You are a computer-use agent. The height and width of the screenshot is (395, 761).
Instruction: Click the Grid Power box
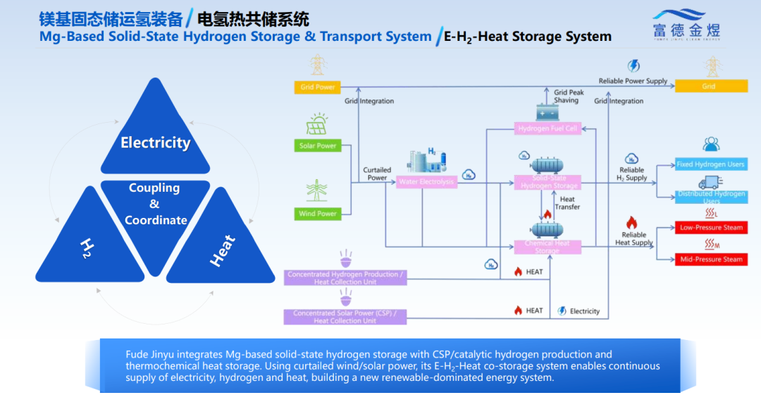click(x=317, y=87)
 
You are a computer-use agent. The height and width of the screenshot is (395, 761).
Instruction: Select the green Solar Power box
click(x=318, y=146)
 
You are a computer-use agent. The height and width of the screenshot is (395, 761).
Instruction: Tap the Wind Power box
click(x=318, y=213)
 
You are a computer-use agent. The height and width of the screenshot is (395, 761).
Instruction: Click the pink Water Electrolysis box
click(x=426, y=182)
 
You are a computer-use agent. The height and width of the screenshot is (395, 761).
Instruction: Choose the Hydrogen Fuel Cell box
click(x=547, y=128)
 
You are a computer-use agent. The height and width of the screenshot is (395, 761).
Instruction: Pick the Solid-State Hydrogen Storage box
click(x=547, y=182)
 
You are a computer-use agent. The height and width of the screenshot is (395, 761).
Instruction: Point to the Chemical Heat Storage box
click(x=547, y=246)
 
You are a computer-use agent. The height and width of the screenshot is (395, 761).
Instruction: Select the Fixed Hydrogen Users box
click(x=710, y=164)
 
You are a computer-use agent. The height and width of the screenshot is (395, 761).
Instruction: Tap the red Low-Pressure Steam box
click(x=710, y=228)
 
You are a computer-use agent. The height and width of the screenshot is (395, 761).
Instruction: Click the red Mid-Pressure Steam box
click(x=710, y=259)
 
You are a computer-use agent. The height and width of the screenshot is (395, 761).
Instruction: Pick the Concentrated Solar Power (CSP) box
click(x=345, y=317)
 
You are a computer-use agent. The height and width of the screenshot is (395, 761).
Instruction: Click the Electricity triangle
click(x=156, y=138)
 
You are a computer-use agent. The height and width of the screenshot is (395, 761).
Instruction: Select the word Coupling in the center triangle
click(x=154, y=188)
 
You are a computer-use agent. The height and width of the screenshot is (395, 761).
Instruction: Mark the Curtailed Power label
click(x=377, y=174)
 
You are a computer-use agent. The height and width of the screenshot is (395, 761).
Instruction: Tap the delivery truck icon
click(x=710, y=182)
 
